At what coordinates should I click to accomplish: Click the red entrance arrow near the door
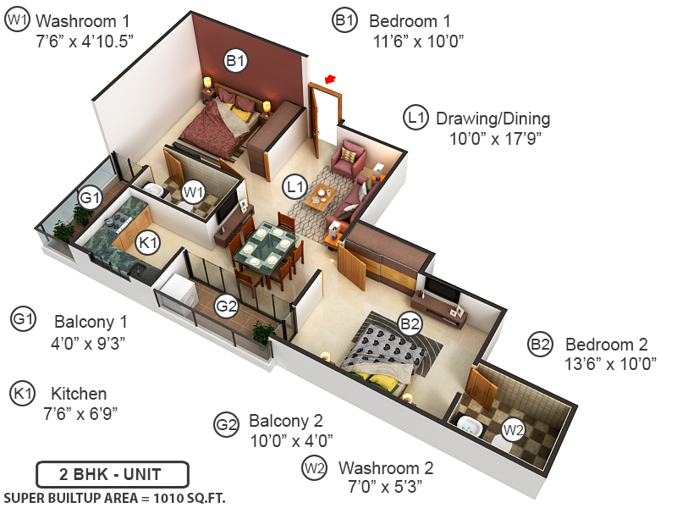(330, 80)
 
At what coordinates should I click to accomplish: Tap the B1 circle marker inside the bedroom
(234, 60)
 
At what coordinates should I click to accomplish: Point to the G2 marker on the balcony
(226, 306)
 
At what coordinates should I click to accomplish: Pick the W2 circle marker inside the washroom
(513, 430)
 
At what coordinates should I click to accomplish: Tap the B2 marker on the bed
(410, 323)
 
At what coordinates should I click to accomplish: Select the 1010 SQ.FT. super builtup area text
(115, 498)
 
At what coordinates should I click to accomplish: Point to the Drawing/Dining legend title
(493, 119)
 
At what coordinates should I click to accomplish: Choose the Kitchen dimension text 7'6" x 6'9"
(80, 413)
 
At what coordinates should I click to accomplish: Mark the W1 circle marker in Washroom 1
(194, 191)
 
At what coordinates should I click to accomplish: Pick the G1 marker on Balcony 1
(90, 198)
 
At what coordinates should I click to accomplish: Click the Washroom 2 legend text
(386, 468)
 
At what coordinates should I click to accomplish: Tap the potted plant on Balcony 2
(263, 332)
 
